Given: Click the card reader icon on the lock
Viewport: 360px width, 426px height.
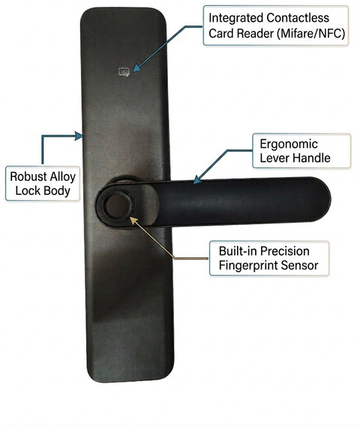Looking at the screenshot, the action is [x=124, y=72].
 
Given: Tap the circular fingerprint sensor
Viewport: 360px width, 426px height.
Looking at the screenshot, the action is [x=117, y=205].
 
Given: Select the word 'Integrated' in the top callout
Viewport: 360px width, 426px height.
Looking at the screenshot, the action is [x=236, y=19].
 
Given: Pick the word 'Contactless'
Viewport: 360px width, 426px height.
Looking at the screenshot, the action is [x=298, y=18].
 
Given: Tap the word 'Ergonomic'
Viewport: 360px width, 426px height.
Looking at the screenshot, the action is [x=289, y=145].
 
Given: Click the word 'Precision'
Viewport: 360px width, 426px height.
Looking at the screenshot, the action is [x=284, y=251].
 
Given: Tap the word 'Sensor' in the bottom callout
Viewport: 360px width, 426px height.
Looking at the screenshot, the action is [x=299, y=265].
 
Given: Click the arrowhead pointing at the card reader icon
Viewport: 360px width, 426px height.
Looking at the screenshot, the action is [x=136, y=67].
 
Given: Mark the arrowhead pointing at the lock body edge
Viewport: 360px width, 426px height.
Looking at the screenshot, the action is [x=79, y=136].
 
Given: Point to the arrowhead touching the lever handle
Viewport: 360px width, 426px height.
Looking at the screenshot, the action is [x=197, y=179].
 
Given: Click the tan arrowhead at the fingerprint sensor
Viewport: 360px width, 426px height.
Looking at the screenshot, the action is [x=133, y=220].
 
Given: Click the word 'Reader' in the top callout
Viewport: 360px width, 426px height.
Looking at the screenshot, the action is [x=256, y=34].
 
